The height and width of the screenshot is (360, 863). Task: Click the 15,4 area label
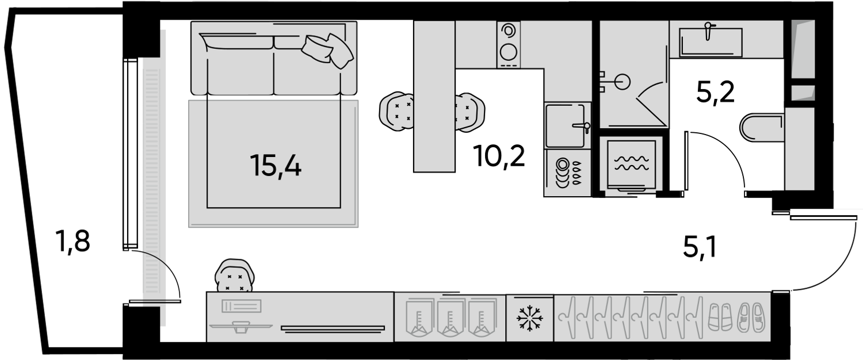pyautogui.click(x=276, y=166)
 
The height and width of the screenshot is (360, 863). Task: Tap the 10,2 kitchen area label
pyautogui.click(x=501, y=156)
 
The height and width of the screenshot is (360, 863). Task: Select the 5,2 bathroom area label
pyautogui.click(x=716, y=93)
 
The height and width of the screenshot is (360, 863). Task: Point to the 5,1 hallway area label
pyautogui.click(x=699, y=247)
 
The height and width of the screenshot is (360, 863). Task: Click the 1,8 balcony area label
pyautogui.click(x=72, y=240)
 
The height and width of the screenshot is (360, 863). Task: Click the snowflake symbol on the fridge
pyautogui.click(x=530, y=318)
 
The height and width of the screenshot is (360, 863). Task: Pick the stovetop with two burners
pyautogui.click(x=508, y=44)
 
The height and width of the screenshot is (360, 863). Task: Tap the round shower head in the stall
pyautogui.click(x=622, y=82)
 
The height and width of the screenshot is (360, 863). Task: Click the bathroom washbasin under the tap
pyautogui.click(x=711, y=43)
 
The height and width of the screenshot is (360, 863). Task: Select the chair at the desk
pyautogui.click(x=234, y=275)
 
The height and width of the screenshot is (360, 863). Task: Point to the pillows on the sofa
pyautogui.click(x=327, y=51)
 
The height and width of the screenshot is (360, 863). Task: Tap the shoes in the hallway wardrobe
pyautogui.click(x=736, y=317)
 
